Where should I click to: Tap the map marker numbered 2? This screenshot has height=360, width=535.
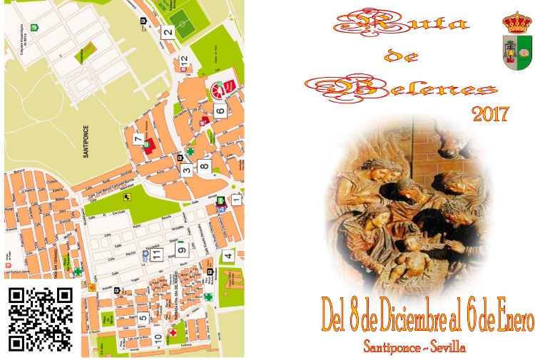click(x=168, y=31)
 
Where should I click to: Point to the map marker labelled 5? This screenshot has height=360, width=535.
click(x=143, y=318)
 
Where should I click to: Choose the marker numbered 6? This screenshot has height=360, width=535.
click(x=220, y=111)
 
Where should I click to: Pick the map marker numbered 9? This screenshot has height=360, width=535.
click(x=182, y=250)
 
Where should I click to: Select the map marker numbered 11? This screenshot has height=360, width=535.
click(x=156, y=254)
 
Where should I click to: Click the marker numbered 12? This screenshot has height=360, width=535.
click(x=185, y=62)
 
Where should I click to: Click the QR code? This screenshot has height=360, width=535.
click(x=41, y=319)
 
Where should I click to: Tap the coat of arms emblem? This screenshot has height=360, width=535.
click(x=517, y=40)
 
